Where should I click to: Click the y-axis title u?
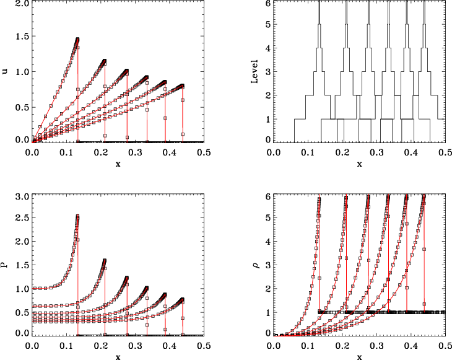pos(6,71)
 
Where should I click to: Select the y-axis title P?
pos(6,265)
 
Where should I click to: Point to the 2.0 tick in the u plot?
pos(20,4)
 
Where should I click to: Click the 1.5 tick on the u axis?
pos(20,38)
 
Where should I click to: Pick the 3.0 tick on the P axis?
pos(20,198)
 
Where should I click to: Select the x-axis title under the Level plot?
pos(359,164)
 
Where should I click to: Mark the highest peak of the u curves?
pos(78,39)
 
